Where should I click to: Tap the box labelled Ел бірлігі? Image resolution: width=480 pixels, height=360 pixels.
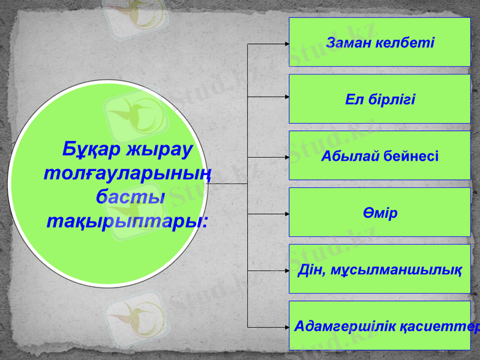[380, 99]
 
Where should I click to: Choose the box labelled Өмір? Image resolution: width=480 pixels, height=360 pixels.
[380, 212]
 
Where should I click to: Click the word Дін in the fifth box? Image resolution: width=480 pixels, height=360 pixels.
[310, 269]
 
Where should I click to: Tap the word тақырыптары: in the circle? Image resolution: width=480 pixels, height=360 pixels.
[127, 220]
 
